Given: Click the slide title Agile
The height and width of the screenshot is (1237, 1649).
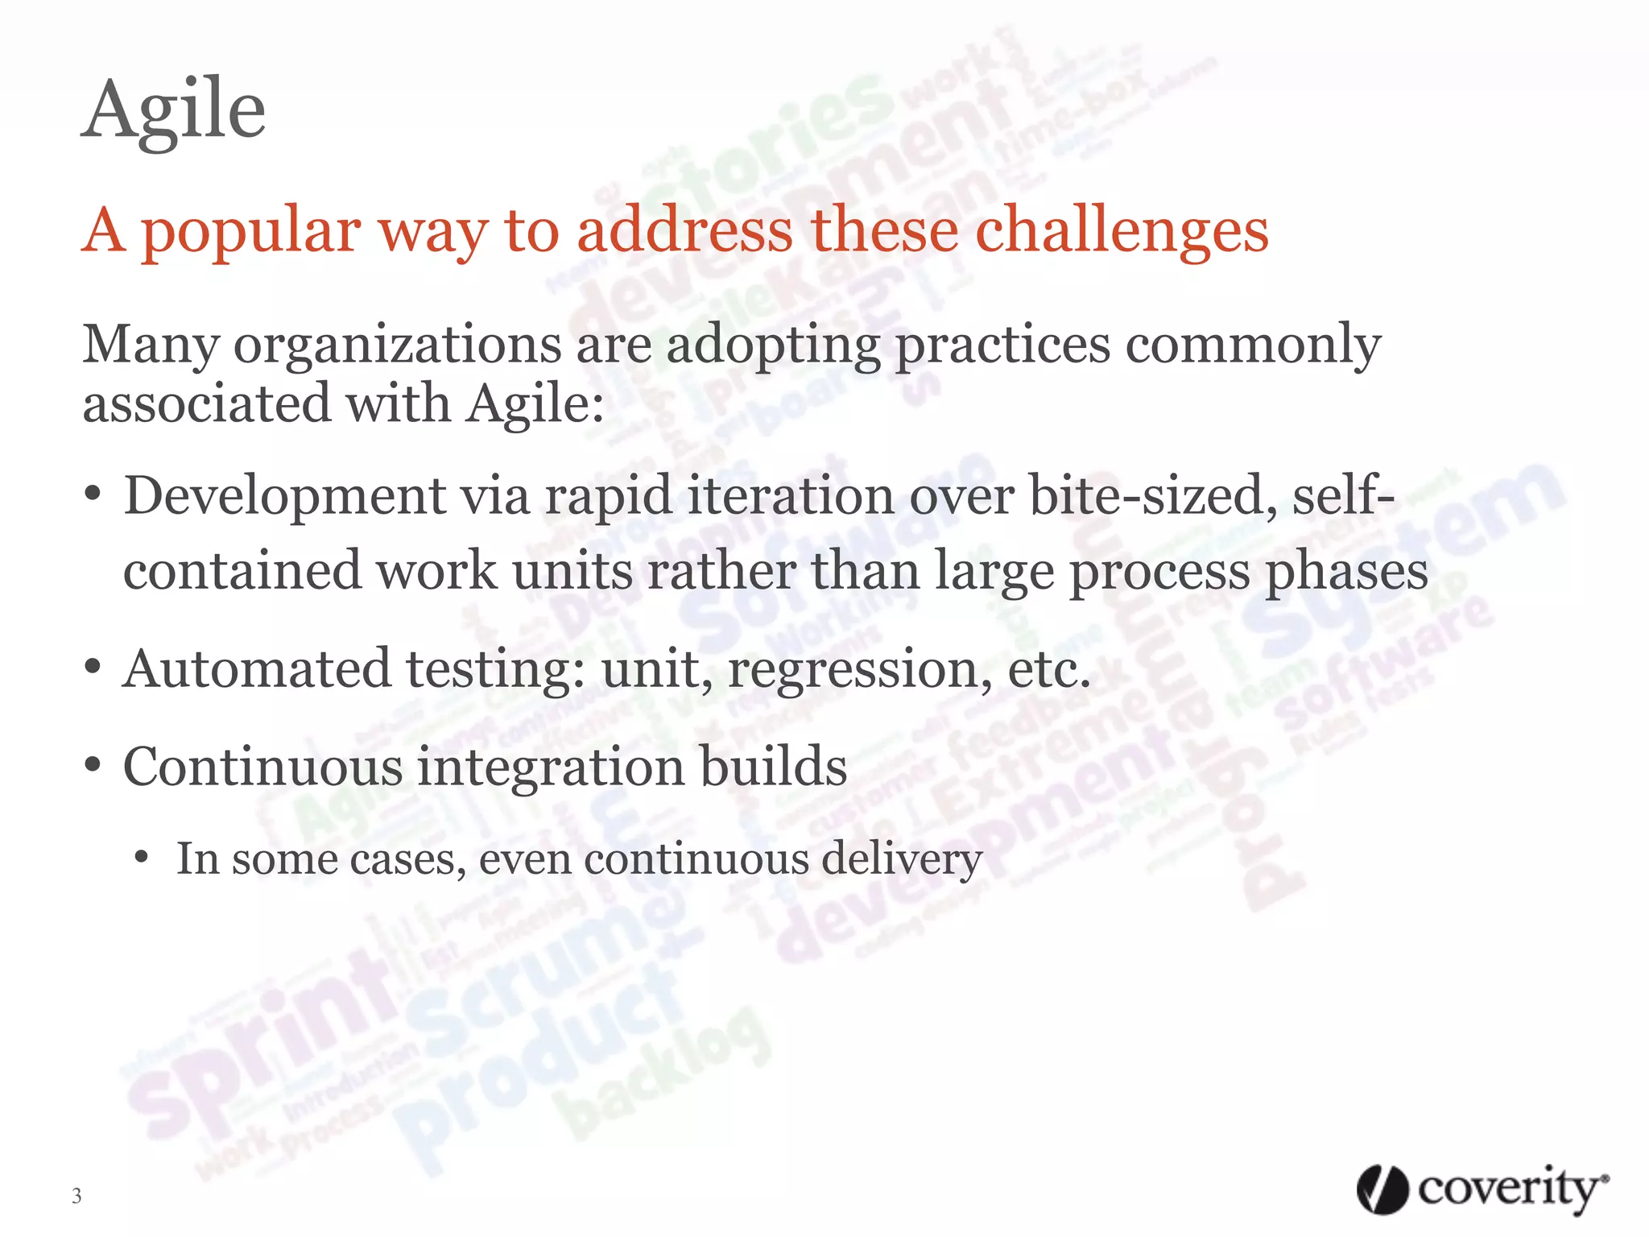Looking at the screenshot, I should pos(174,111).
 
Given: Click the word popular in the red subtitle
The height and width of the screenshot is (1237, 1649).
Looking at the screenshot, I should pos(249,232).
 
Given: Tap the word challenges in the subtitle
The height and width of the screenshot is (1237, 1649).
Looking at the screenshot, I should pos(1122,232).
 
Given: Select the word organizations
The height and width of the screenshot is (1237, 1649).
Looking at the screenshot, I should pos(398,345).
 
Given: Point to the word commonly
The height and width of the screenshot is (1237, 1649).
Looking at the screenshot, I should pos(1253,345).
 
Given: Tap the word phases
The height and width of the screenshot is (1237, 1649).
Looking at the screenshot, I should pos(1346,572).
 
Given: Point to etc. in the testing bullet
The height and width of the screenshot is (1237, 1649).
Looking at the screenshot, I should pos(1048,669).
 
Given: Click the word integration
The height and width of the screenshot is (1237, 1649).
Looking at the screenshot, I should pos(550,767).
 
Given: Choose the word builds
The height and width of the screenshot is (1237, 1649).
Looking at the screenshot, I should pos(773,766).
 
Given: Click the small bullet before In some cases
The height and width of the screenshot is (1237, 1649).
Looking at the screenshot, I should pos(142,858).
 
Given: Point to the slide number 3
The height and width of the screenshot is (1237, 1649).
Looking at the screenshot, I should pos(76,1196).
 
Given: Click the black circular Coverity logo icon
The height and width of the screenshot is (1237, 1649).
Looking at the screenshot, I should pos(1382,1189).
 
